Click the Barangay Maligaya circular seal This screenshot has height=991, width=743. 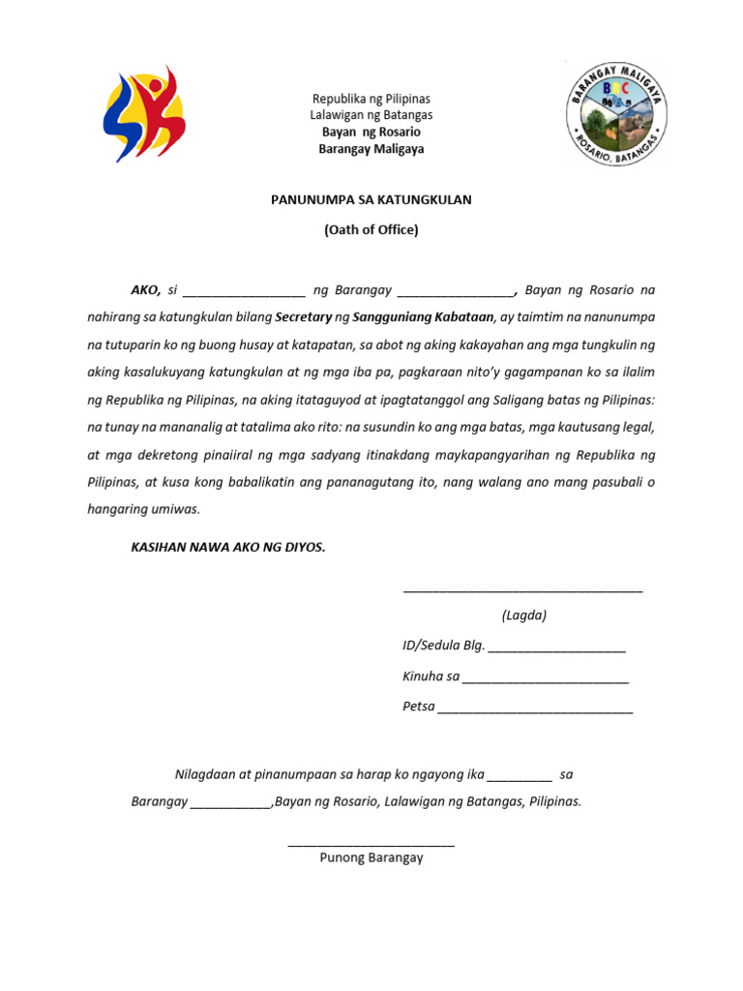point(616,112)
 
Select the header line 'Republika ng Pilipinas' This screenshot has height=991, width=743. point(371,99)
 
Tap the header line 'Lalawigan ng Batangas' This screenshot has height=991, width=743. point(371,115)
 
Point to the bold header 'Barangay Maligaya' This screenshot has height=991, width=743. point(371,149)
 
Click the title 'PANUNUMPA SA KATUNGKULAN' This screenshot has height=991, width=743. point(371,199)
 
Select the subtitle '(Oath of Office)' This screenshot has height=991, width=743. point(371,229)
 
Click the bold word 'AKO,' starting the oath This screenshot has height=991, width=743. point(146,289)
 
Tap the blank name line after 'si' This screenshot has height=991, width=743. point(243,292)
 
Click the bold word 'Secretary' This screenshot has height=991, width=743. point(303,316)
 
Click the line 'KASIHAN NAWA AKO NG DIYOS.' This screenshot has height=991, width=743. point(228,547)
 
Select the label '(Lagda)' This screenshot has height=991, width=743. point(523,616)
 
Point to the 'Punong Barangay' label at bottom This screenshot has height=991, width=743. point(371,857)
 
